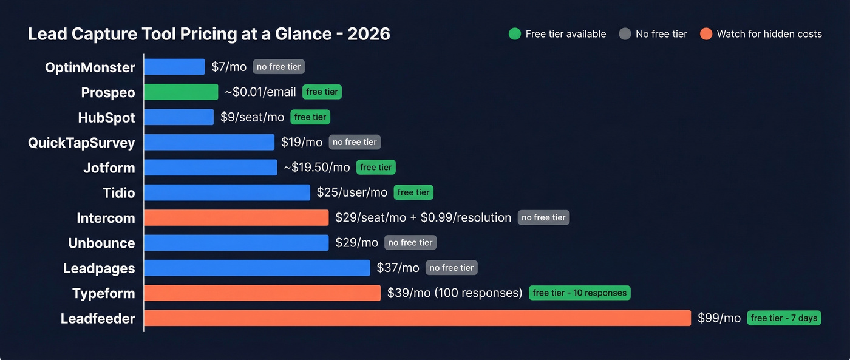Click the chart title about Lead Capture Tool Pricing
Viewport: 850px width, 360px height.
(x=209, y=34)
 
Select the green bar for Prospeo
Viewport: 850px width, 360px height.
(x=181, y=92)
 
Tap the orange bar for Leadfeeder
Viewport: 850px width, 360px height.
(x=417, y=318)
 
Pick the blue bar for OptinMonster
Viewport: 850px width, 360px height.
(x=174, y=67)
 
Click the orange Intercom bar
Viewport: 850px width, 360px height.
(x=236, y=217)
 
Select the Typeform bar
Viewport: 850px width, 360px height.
(x=262, y=293)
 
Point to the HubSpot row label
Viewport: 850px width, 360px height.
(x=106, y=118)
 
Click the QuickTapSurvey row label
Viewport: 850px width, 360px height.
(x=81, y=143)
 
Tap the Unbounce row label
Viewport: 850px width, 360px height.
(x=101, y=243)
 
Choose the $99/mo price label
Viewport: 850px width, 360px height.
(x=719, y=318)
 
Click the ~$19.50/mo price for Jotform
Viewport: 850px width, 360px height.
(x=317, y=168)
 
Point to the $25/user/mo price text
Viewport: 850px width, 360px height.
(x=352, y=192)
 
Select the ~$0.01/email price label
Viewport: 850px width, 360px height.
(x=260, y=92)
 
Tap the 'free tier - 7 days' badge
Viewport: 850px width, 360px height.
(x=784, y=318)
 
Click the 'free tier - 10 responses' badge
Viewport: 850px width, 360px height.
(x=579, y=293)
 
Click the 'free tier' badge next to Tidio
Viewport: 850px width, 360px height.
(x=413, y=192)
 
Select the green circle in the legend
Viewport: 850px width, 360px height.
(x=514, y=34)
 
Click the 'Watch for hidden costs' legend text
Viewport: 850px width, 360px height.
(x=769, y=34)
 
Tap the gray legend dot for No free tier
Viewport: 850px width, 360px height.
(x=625, y=34)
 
